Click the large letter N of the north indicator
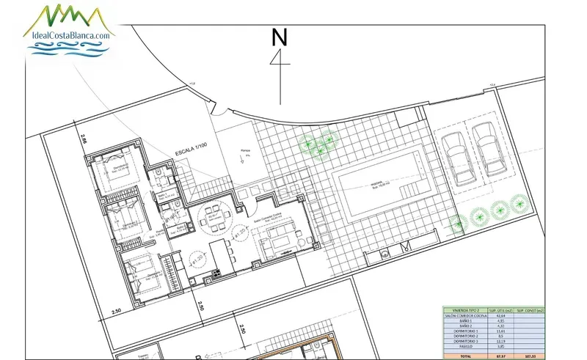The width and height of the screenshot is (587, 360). (279, 37)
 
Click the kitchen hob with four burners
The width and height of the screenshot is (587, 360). (216, 274)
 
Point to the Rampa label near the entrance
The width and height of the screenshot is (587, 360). (244, 153)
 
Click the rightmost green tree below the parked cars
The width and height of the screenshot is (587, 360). (518, 206)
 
